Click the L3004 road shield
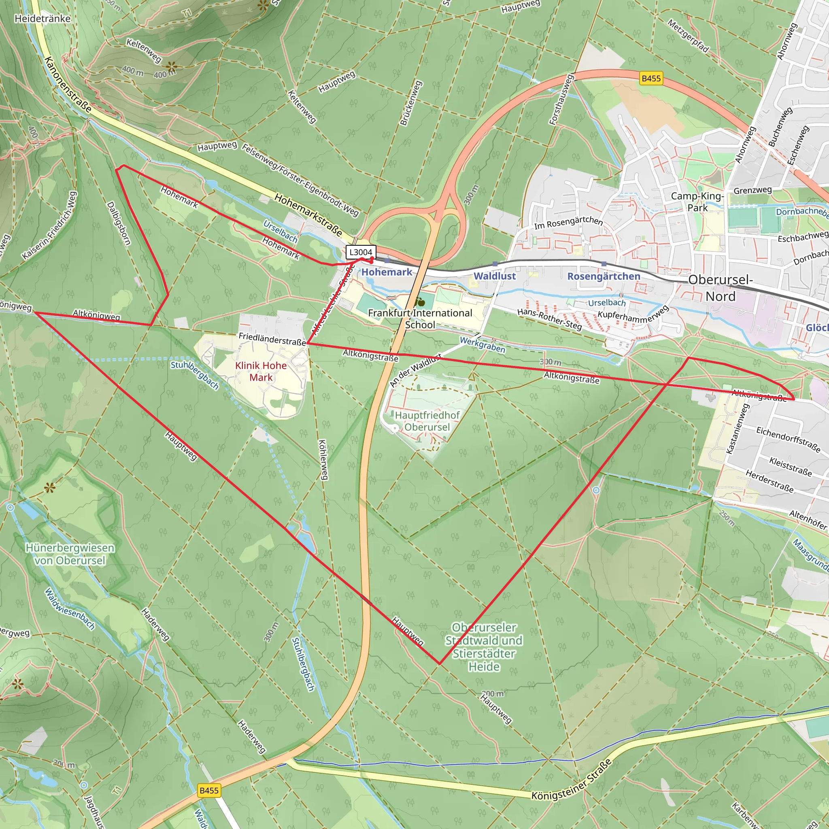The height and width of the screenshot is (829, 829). point(360,252)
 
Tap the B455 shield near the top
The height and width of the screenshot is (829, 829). point(651,79)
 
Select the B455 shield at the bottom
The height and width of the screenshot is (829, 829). point(209,791)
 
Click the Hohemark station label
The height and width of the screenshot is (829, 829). point(387,272)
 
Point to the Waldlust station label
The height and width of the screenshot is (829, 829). point(494,276)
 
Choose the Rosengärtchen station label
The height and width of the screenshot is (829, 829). point(603,276)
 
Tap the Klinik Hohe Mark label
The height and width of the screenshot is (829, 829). point(261,371)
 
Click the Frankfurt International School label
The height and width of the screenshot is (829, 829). point(420,319)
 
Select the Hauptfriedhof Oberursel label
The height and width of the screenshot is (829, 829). point(427,421)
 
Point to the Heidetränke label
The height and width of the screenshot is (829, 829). point(43,19)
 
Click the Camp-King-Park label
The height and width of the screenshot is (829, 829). point(697,202)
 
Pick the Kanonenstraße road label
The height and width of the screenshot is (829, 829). point(68,85)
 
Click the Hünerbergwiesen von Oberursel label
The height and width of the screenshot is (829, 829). point(70,554)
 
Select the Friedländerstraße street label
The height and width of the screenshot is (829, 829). point(272,338)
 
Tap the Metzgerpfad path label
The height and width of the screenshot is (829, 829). point(688,36)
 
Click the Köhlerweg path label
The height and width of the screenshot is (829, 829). point(323,459)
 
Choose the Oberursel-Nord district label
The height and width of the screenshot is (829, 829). point(721,288)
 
